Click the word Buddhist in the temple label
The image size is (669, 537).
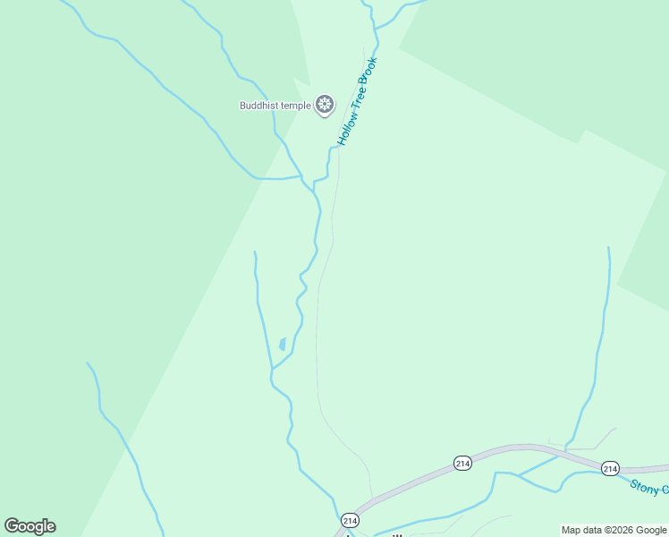click(260, 106)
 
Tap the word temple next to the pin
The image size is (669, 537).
click(297, 106)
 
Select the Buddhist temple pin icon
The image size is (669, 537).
click(324, 106)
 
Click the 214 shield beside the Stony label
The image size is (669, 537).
click(610, 468)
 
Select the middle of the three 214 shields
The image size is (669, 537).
click(462, 463)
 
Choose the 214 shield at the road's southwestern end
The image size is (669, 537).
click(349, 520)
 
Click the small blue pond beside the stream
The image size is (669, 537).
click(283, 344)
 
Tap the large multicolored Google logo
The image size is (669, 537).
click(30, 526)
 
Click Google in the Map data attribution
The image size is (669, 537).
click(651, 531)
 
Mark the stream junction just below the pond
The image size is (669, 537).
click(272, 368)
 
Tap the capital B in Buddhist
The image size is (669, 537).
click(242, 106)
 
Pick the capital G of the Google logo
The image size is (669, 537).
click(12, 526)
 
